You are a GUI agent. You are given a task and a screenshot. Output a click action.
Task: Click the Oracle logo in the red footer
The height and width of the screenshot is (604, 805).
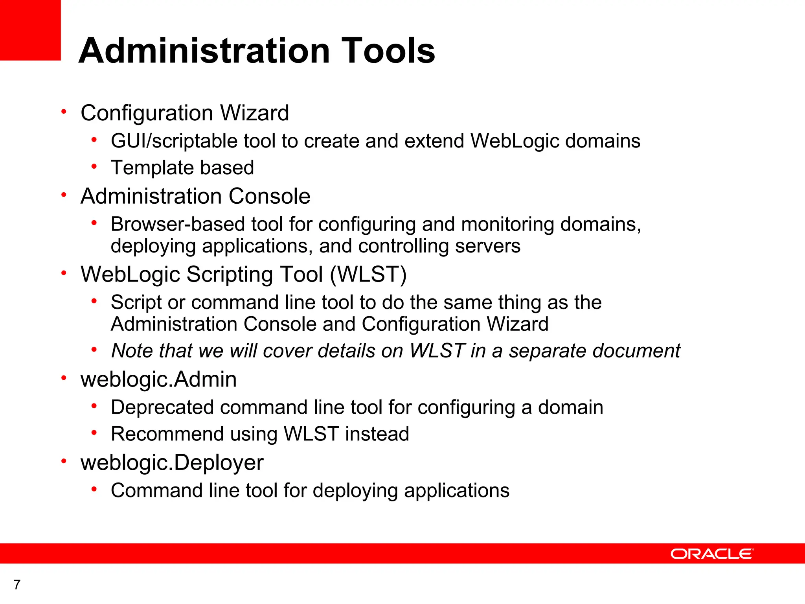tap(712, 554)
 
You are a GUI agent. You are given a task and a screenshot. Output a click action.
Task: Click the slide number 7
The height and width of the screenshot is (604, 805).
tap(17, 585)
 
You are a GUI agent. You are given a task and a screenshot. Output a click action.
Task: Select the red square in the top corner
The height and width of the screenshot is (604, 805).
tap(30, 30)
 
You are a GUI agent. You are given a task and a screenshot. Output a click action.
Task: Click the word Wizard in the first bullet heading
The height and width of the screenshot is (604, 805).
tap(254, 113)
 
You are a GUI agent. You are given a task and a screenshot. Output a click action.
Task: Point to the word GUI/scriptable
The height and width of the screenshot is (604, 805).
tap(173, 141)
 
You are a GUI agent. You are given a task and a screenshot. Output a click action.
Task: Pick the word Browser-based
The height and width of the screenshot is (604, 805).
tap(178, 224)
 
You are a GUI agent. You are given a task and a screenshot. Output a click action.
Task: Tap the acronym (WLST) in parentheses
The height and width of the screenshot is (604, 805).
tap(368, 274)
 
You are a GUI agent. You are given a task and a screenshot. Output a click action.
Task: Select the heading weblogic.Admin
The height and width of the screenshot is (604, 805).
tap(158, 379)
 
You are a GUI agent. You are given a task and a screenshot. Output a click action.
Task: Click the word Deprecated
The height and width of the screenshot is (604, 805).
tap(162, 407)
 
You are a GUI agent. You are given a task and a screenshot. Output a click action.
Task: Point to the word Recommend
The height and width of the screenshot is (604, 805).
tap(167, 434)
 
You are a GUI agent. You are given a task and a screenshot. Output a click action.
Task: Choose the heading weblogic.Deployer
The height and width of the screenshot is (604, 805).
tap(172, 462)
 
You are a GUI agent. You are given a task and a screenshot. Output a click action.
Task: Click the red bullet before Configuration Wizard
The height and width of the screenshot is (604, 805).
tap(64, 112)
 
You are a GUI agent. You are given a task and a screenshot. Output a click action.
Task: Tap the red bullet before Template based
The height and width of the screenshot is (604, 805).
tap(94, 167)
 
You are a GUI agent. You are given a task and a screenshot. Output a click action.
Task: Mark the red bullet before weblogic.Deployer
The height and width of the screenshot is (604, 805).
tap(64, 461)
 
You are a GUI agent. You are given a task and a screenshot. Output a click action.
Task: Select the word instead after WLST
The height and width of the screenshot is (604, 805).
tap(377, 434)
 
